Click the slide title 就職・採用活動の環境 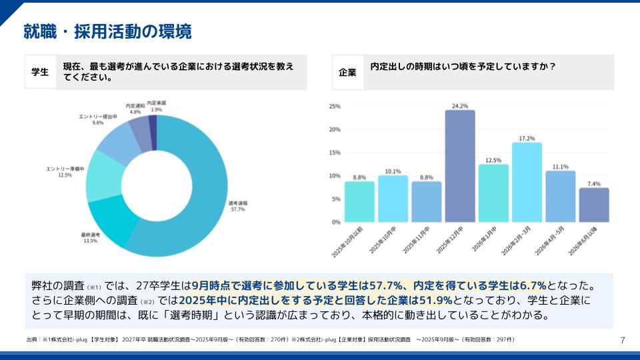tap(107, 31)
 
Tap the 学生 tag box tap(41, 72)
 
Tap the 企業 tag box tap(347, 72)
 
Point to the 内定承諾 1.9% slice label tap(157, 106)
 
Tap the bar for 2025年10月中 tap(393, 198)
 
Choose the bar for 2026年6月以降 tap(593, 205)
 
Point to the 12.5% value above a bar tap(493, 160)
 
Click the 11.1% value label tap(560, 167)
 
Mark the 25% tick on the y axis tap(335, 106)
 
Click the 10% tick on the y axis tap(335, 176)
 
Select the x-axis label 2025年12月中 tap(451, 243)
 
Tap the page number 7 tap(623, 341)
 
